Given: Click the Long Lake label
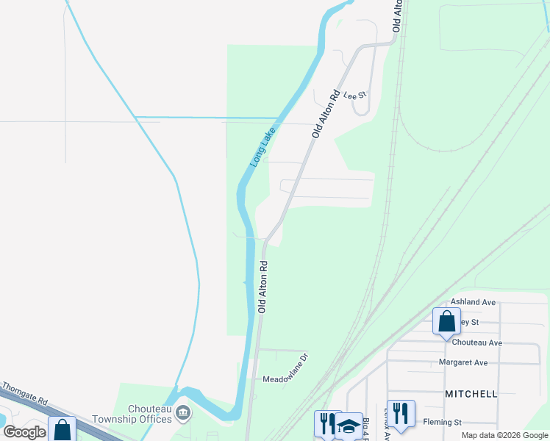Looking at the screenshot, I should click(262, 146).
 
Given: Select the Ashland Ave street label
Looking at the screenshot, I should click(474, 302).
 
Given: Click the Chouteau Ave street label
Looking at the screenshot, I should click(477, 343).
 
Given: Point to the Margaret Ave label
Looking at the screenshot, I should click(463, 362).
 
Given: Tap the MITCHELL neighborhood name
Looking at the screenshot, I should click(471, 394).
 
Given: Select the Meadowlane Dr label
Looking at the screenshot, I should click(289, 379).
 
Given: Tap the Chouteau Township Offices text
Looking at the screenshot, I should click(132, 415).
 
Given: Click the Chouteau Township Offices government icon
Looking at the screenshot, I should click(183, 414).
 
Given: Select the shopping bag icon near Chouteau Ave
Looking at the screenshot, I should click(446, 322).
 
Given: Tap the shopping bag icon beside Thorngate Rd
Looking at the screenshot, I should click(62, 429).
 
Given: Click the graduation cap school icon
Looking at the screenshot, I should click(349, 426).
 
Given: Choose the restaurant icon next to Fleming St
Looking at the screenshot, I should click(401, 414).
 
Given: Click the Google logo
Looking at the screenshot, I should click(24, 432).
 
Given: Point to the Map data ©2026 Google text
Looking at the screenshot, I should click(505, 435).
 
